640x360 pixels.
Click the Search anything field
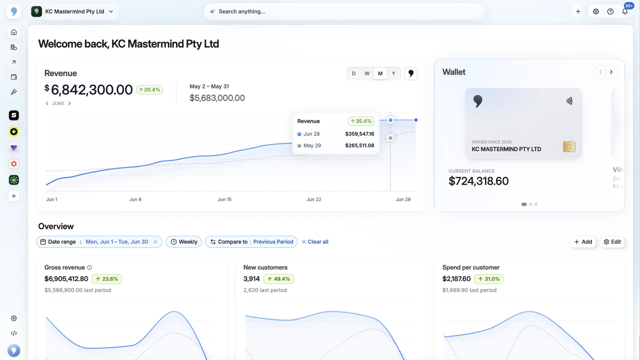click(345, 11)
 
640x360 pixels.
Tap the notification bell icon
click(625, 12)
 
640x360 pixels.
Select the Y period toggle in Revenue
click(393, 73)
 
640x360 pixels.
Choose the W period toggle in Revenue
click(367, 73)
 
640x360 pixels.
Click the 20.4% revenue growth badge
click(149, 90)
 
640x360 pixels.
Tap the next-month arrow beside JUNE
click(69, 103)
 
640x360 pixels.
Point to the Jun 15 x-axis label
click(224, 199)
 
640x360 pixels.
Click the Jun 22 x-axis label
click(314, 199)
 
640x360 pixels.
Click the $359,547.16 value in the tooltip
click(360, 134)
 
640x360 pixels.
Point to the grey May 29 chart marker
click(390, 138)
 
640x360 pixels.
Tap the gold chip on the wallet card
click(569, 147)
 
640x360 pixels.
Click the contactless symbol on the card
click(569, 101)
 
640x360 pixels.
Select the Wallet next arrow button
click(611, 72)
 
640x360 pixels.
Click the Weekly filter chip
click(184, 242)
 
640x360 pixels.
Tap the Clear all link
click(315, 242)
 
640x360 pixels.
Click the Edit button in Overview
click(612, 242)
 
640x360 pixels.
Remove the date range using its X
click(155, 242)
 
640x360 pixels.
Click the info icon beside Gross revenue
click(89, 267)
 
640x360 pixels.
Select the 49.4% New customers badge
click(278, 279)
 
